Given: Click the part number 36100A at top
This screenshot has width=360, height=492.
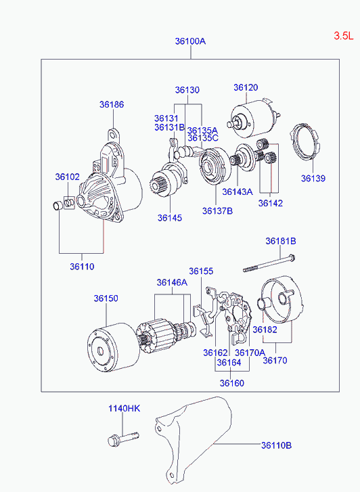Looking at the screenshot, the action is coord(190,41).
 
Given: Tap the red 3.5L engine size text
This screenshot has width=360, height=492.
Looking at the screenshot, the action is coord(343,35).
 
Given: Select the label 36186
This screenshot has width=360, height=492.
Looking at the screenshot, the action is coord(112,104).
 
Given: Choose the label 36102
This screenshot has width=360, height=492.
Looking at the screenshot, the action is coord(68,177).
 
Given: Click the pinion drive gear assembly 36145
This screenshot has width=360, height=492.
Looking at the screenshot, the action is coord(166,179).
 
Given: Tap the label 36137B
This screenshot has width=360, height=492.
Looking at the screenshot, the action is coord(217,211).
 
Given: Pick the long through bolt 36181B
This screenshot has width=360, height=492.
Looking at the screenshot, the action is coord(269,263).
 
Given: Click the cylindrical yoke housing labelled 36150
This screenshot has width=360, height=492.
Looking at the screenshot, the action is coord(114,347).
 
